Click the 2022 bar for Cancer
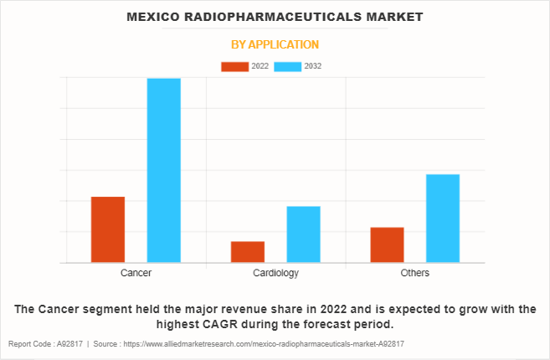pos(108,229)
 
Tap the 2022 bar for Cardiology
pos(248,252)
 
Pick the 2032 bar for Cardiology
pos(303,234)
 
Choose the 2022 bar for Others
pos(387,244)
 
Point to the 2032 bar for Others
pos(443,218)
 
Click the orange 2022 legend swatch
pos(234,66)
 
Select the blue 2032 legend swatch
pos(289,66)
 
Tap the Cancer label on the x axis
pos(136,273)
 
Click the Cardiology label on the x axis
pos(275,273)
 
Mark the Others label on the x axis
pos(415,273)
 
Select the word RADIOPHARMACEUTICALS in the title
pos(275,16)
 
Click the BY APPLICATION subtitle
pos(275,44)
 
